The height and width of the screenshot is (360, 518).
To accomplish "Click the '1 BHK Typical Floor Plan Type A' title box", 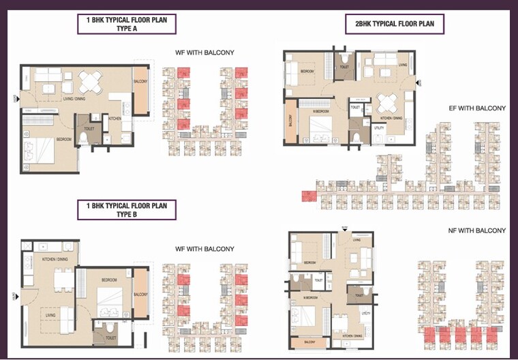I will tap(126, 25).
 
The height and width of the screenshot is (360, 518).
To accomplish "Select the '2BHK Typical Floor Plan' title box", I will tap(395, 25).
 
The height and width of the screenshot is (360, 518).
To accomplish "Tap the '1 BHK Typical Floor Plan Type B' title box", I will tap(126, 209).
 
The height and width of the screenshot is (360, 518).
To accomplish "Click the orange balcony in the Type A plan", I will tap(141, 89).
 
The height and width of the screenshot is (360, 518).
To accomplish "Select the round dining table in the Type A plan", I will tap(91, 82).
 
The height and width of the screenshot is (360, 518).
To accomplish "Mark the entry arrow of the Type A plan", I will tap(15, 100).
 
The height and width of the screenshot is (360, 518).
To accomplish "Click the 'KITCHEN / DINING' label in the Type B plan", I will tap(55, 259).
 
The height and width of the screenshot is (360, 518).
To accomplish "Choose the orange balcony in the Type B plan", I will tap(141, 295).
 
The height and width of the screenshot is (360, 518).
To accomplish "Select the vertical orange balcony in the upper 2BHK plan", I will tap(291, 121).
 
